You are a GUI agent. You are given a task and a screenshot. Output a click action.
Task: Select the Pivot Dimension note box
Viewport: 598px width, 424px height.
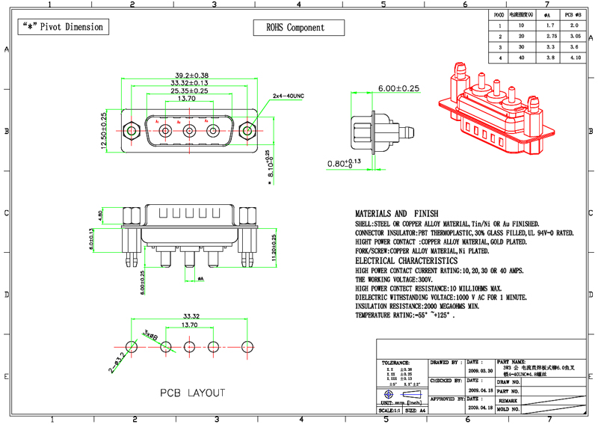tap(63, 27)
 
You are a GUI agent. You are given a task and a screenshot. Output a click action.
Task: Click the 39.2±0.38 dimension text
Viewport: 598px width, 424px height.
tap(191, 76)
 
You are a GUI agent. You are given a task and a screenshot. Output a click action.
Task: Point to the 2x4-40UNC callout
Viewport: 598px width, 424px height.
tap(289, 96)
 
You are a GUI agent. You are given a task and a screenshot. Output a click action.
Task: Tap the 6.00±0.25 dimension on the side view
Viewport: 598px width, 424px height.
tap(398, 88)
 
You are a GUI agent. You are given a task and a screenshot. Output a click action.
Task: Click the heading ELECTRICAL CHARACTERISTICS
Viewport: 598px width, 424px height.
tap(416, 260)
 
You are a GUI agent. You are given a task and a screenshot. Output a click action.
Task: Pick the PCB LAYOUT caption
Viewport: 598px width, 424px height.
tap(192, 393)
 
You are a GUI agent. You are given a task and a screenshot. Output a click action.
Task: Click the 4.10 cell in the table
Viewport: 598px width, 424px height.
tap(575, 58)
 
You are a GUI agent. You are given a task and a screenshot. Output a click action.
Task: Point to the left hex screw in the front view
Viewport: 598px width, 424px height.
tap(132, 132)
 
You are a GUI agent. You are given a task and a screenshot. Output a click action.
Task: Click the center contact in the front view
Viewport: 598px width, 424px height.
tap(189, 132)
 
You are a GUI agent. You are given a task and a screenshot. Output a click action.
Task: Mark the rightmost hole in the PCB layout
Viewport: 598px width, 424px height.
tap(247, 346)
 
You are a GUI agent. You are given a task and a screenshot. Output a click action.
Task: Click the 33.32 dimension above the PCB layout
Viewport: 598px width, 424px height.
tap(189, 316)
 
